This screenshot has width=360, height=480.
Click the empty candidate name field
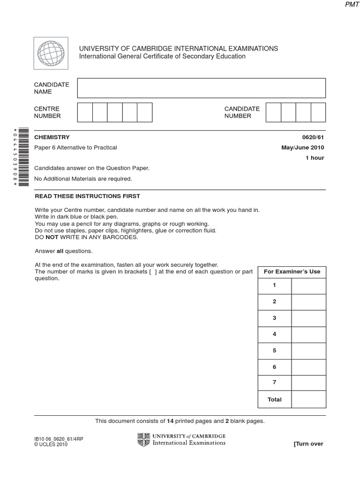201,88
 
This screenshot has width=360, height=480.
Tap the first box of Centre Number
85,112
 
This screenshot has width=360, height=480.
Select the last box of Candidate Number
318,112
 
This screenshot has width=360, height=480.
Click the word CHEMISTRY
52,137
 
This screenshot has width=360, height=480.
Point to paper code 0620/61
313,137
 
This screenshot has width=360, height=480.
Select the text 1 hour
315,158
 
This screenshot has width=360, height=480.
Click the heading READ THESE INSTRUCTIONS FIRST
87,196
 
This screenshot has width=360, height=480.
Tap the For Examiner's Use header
292,272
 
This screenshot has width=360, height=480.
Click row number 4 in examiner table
275,334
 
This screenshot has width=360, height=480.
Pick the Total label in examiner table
275,399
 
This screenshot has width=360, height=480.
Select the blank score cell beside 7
308,383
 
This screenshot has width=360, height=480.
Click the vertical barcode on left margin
22,157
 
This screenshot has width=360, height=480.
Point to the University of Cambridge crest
143,440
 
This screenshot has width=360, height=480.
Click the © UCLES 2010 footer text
51,445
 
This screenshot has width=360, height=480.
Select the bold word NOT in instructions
51,237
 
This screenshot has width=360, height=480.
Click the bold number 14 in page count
170,421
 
